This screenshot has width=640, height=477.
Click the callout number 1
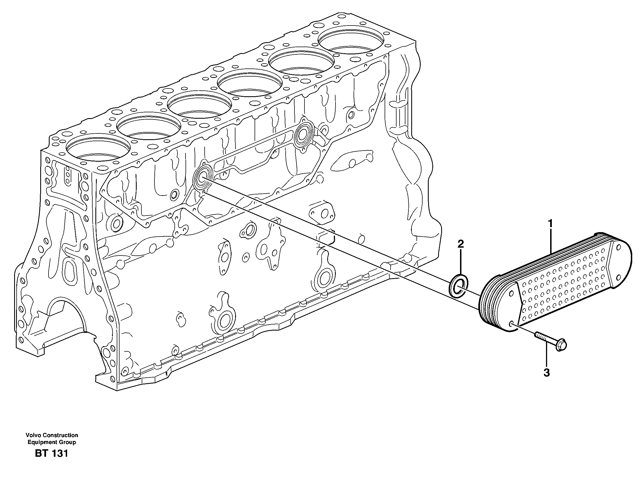point(550,223)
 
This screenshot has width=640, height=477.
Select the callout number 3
point(547,373)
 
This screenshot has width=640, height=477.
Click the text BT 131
point(51,453)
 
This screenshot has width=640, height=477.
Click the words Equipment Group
point(52,442)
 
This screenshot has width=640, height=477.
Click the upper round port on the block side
point(303,134)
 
